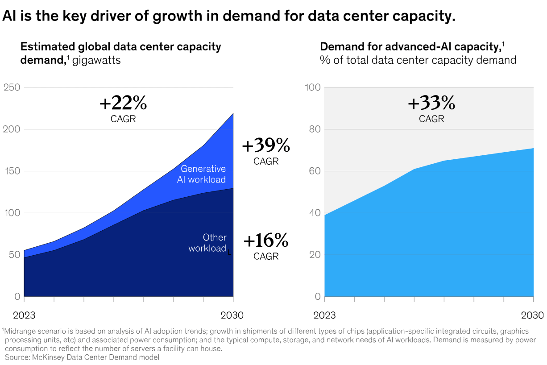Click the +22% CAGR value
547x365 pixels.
pyautogui.click(x=123, y=104)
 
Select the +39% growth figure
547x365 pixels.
pyautogui.click(x=266, y=146)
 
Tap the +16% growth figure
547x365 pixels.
pyautogui.click(x=266, y=241)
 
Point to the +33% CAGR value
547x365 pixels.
pyautogui.click(x=431, y=104)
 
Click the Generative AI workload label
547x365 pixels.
pyautogui.click(x=203, y=174)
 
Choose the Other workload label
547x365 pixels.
pyautogui.click(x=207, y=243)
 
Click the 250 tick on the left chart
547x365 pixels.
pyautogui.click(x=12, y=87)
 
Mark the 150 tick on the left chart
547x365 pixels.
pyautogui.click(x=12, y=171)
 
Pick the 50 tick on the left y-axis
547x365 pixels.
pyautogui.click(x=14, y=255)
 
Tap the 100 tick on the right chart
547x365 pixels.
pyautogui.click(x=313, y=87)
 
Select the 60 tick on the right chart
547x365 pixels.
pyautogui.click(x=315, y=171)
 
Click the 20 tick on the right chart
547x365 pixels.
pyautogui.click(x=315, y=255)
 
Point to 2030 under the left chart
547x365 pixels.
pyautogui.click(x=232, y=315)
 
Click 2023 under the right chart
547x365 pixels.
pyautogui.click(x=325, y=315)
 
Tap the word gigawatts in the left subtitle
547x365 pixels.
pyautogui.click(x=96, y=60)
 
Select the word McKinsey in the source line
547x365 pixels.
pyautogui.click(x=46, y=357)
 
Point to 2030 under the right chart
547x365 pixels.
pyautogui.click(x=533, y=315)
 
